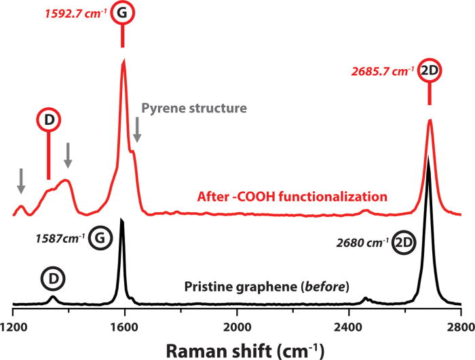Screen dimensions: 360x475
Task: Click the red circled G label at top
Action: point(122,14)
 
